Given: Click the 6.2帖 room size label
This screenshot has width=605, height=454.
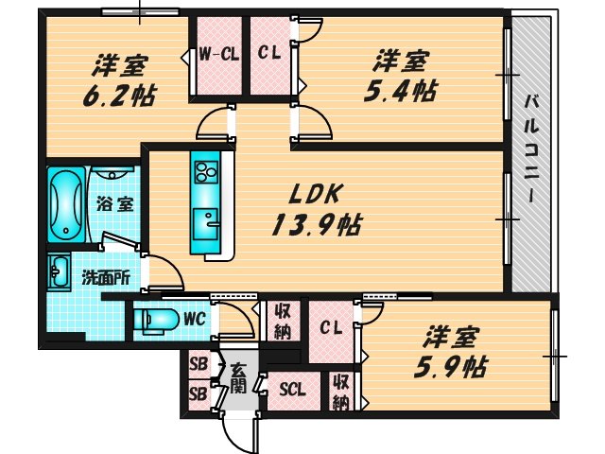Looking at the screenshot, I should [125, 96].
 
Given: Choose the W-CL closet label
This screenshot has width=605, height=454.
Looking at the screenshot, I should [217, 54].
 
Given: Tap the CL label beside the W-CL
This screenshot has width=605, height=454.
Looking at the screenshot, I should [269, 54].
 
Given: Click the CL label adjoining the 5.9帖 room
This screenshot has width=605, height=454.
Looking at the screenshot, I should [331, 328].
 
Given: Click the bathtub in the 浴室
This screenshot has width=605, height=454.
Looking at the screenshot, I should [65, 204].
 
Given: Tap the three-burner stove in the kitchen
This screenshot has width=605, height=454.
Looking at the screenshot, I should [206, 171].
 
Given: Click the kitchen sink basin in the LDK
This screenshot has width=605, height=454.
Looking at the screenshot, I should [205, 222].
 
